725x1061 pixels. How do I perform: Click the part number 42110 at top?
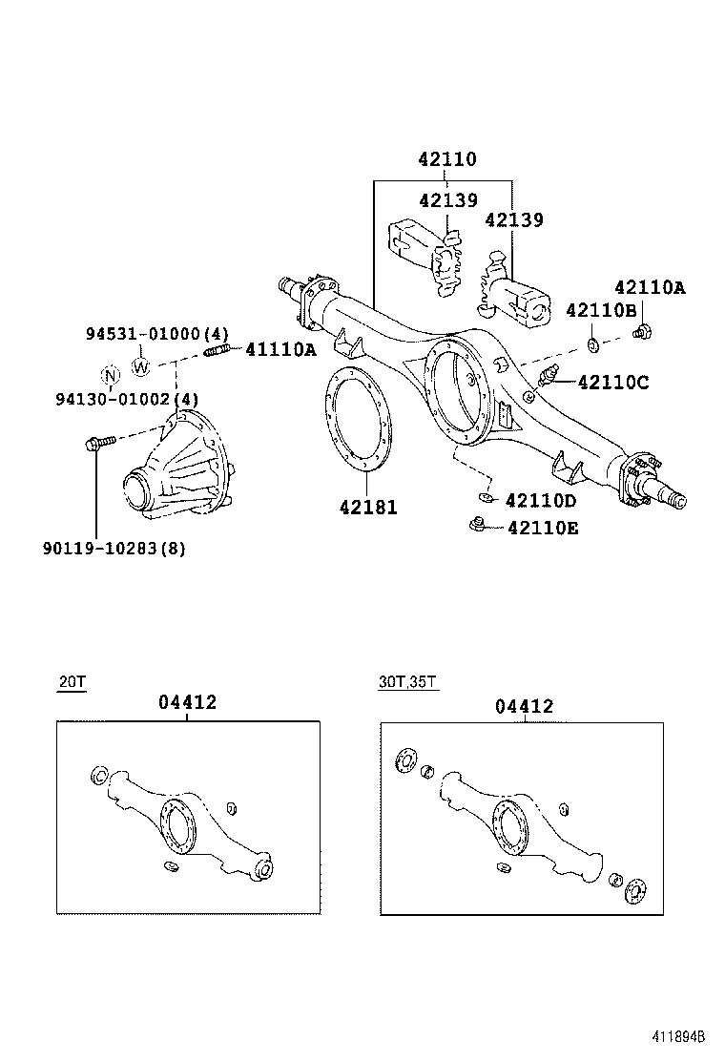click(x=445, y=159)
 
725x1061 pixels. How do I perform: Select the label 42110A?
click(x=649, y=287)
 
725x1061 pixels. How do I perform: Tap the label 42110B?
click(x=601, y=310)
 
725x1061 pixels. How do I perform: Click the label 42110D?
click(x=540, y=501)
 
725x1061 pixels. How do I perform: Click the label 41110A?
click(x=280, y=350)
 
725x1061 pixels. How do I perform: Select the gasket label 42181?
click(x=367, y=508)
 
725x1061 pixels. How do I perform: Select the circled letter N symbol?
click(x=112, y=373)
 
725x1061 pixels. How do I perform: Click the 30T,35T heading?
click(x=408, y=682)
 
